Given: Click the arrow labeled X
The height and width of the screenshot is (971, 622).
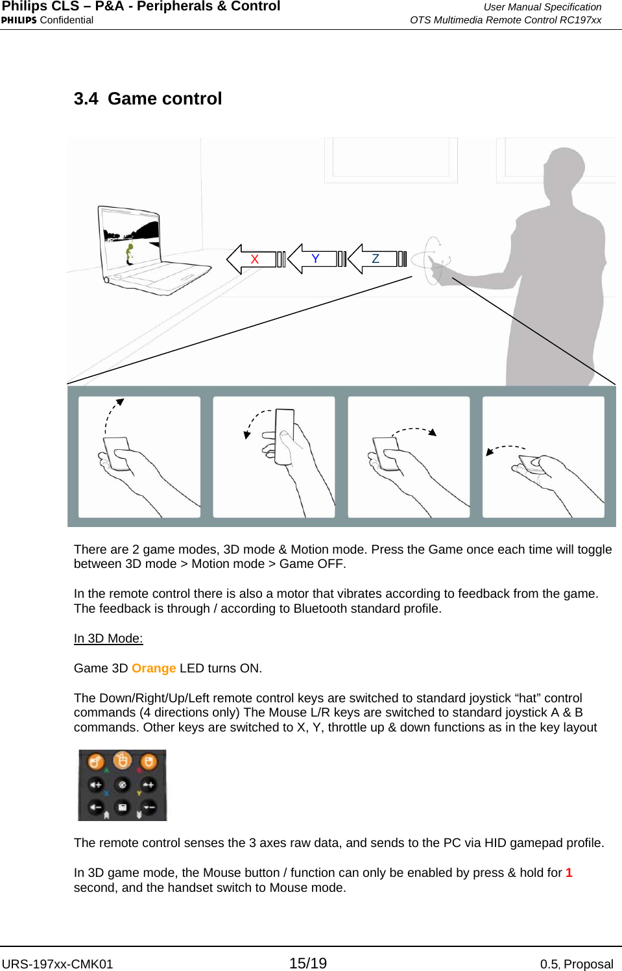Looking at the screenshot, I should click(x=250, y=259).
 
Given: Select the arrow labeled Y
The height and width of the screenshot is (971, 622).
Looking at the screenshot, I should click(x=312, y=259).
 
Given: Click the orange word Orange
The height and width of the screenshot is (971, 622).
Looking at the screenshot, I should click(x=154, y=669).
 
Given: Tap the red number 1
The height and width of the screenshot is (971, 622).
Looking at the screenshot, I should click(x=569, y=873).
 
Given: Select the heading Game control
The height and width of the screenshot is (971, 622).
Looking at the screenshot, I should click(x=164, y=99).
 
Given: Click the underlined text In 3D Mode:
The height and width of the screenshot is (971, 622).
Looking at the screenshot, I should click(x=108, y=639).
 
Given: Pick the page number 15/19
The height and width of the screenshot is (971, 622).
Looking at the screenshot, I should click(x=308, y=963).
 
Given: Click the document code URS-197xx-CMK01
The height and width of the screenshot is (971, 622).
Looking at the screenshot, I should click(x=57, y=964).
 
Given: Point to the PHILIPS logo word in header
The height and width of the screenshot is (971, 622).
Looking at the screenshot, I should click(x=19, y=20).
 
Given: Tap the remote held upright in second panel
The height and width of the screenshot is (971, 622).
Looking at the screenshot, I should click(x=285, y=436).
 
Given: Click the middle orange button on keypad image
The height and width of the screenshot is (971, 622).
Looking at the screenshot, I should click(x=122, y=760).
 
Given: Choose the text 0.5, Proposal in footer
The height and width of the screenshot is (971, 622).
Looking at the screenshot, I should click(x=576, y=964).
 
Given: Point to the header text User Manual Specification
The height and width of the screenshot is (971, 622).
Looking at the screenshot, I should click(x=542, y=7).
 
